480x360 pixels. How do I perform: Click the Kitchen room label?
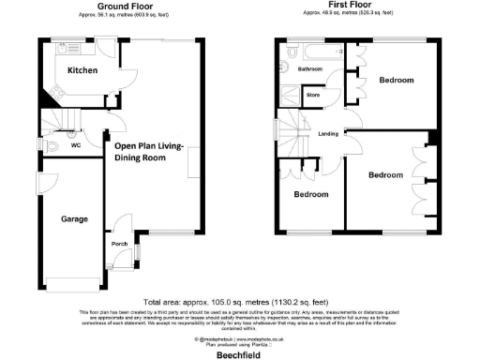(x=82, y=69)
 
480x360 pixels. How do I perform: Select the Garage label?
(x=75, y=218)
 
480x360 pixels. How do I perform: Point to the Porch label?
(x=119, y=245)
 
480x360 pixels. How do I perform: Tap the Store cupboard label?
(x=313, y=94)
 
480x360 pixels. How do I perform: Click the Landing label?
(x=328, y=133)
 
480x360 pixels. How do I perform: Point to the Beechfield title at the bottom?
(x=239, y=352)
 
